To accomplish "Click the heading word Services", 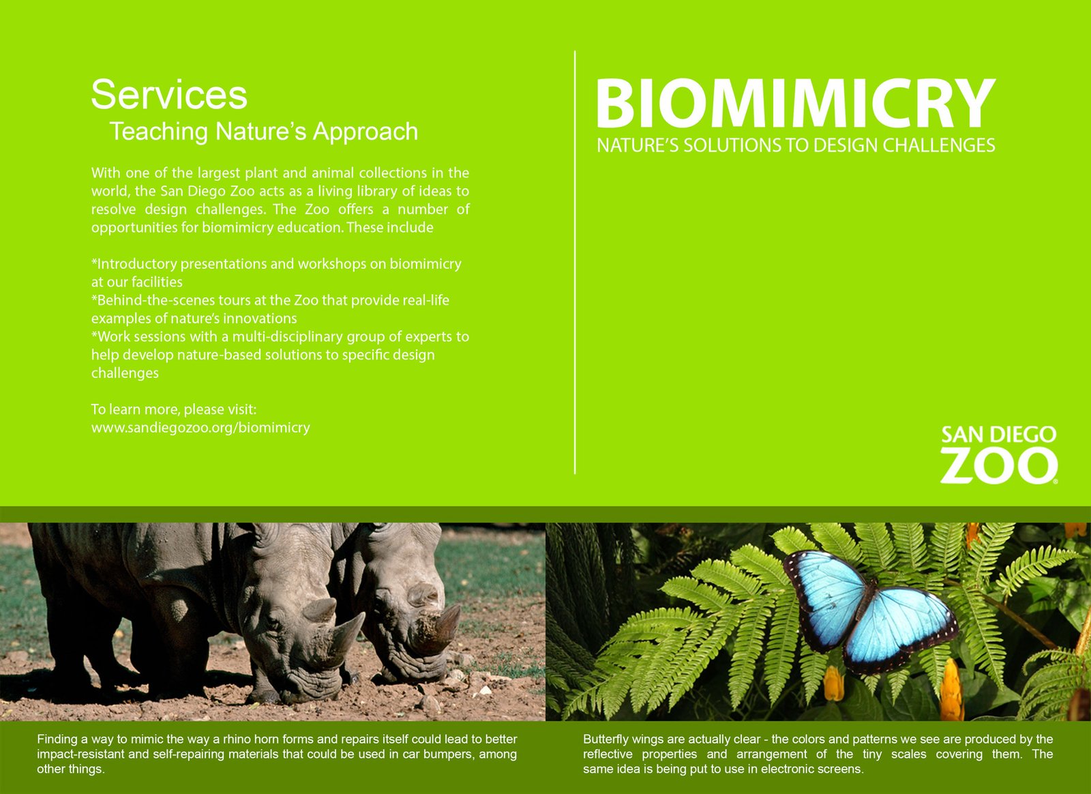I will pyautogui.click(x=169, y=94).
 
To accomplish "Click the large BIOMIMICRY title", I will pyautogui.click(x=796, y=103).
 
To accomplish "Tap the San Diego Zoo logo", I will pyautogui.click(x=999, y=454).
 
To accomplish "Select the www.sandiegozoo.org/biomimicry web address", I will pyautogui.click(x=200, y=428).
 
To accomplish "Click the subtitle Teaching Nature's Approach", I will pyautogui.click(x=263, y=131).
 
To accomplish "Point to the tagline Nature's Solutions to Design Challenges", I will pyautogui.click(x=796, y=145).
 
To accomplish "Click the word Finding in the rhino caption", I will pyautogui.click(x=57, y=739).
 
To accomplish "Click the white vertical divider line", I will pyautogui.click(x=575, y=262).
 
